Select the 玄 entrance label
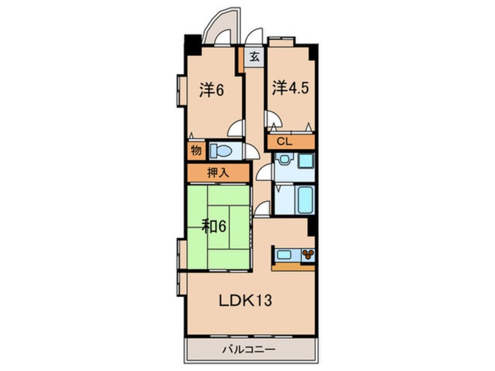[255, 57]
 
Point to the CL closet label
[284, 141]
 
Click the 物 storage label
[196, 150]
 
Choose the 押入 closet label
[217, 173]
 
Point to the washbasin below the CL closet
[285, 159]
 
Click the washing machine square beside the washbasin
[305, 161]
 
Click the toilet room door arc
[252, 152]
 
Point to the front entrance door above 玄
[254, 37]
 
